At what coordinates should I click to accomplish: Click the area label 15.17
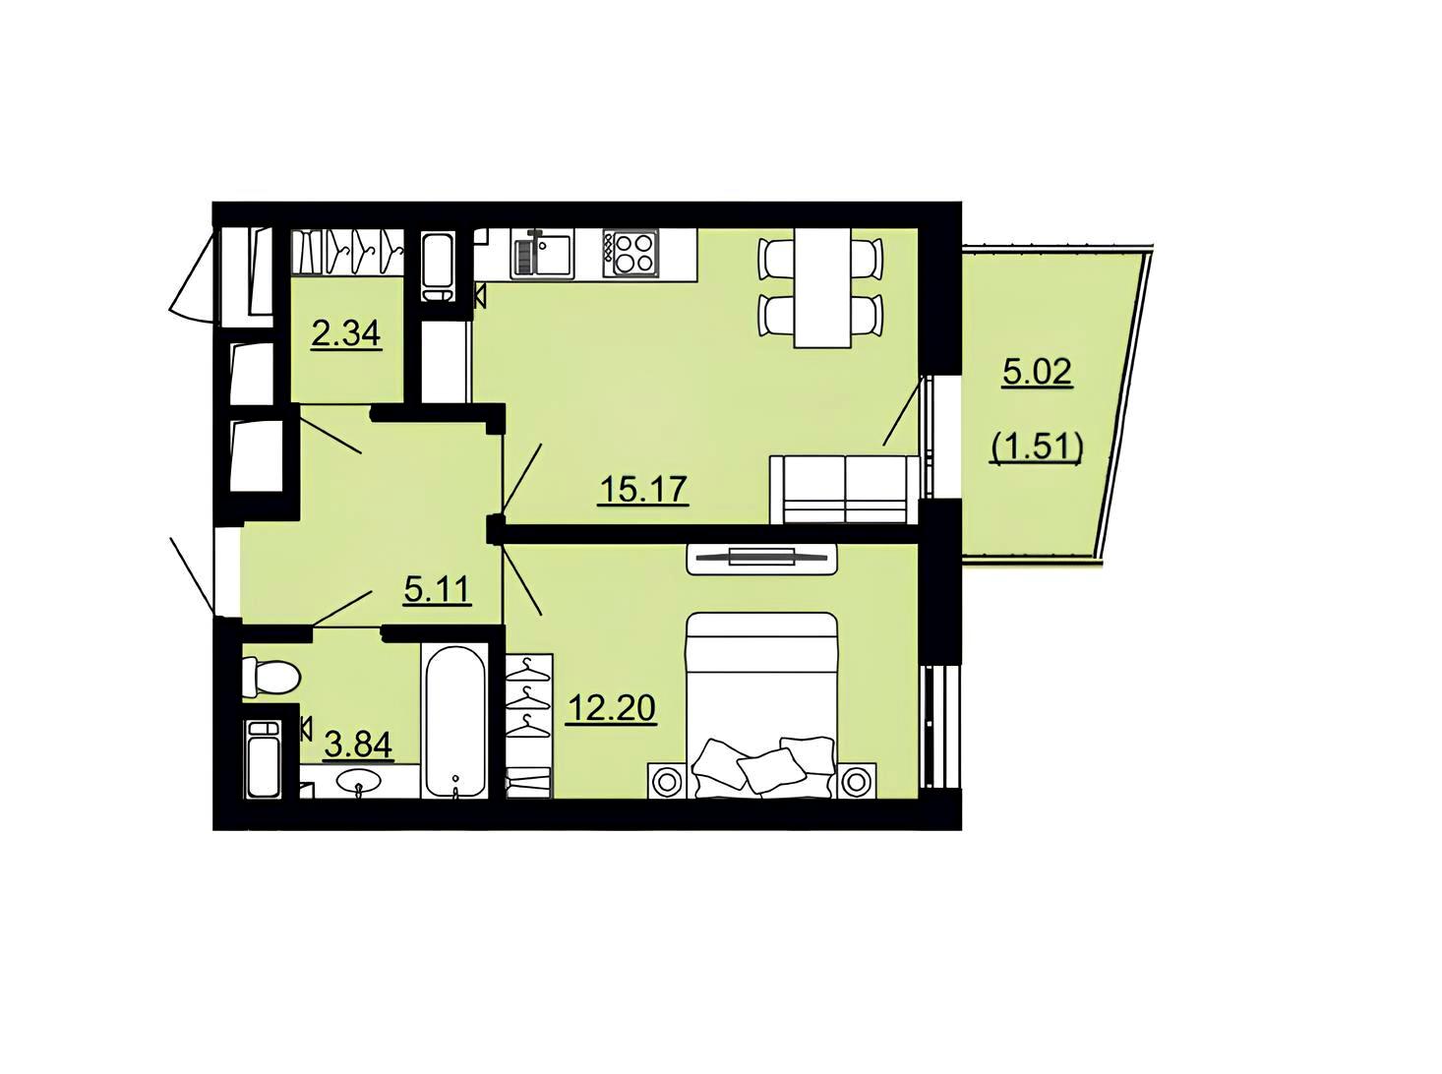click(643, 489)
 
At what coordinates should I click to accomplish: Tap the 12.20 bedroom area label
click(611, 707)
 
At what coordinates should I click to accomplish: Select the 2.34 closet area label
click(345, 334)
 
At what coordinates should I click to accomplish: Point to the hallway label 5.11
click(437, 590)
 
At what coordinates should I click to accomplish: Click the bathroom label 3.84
click(358, 745)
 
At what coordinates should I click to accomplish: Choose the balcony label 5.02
click(1037, 373)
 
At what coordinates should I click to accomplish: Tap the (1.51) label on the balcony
click(1037, 447)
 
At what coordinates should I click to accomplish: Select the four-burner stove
click(630, 254)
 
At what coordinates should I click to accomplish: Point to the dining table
click(821, 287)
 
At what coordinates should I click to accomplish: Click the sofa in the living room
click(845, 489)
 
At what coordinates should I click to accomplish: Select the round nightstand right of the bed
click(856, 780)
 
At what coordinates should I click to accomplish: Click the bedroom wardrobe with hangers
click(529, 726)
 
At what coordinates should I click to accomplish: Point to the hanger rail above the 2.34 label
click(347, 252)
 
